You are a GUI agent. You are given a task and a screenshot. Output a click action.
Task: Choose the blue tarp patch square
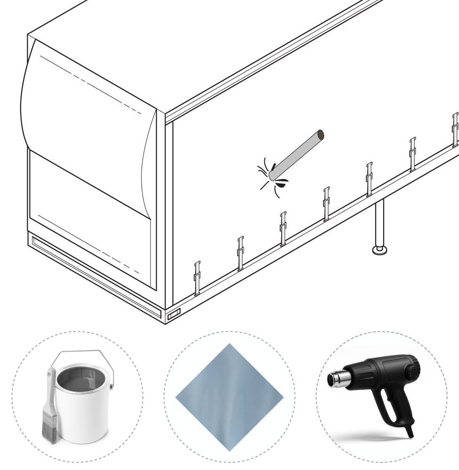coord(229,397)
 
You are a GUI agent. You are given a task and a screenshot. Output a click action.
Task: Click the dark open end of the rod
coord(320,135)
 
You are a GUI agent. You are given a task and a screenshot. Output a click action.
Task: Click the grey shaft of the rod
coord(296,155)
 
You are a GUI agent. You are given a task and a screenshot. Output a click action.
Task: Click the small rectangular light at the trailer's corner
coord(174,313)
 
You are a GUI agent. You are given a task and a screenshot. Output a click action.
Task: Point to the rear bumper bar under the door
coord(94,273)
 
